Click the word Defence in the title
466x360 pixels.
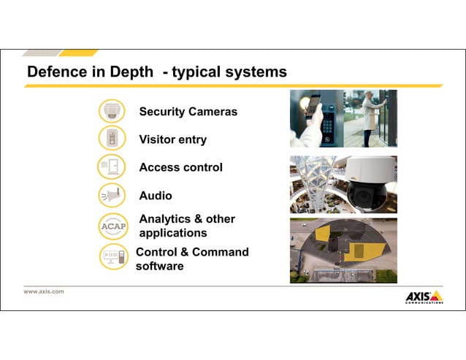53,72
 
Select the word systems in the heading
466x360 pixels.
256,72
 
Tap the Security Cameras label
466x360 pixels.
188,112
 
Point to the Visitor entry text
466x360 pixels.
172,139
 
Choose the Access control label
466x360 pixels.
180,167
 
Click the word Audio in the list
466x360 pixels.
156,196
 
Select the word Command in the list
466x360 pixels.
220,252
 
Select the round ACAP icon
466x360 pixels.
112,226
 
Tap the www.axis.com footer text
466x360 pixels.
44,291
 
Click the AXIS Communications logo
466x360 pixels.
424,297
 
